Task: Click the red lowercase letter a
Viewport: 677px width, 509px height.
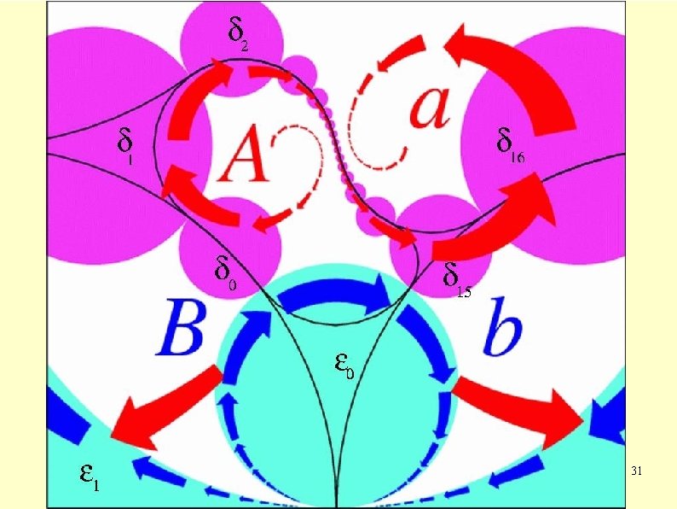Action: (428, 106)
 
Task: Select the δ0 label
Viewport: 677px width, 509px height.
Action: (224, 273)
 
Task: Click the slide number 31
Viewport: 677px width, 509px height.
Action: (636, 471)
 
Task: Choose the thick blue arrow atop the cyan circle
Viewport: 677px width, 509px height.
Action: (333, 295)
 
